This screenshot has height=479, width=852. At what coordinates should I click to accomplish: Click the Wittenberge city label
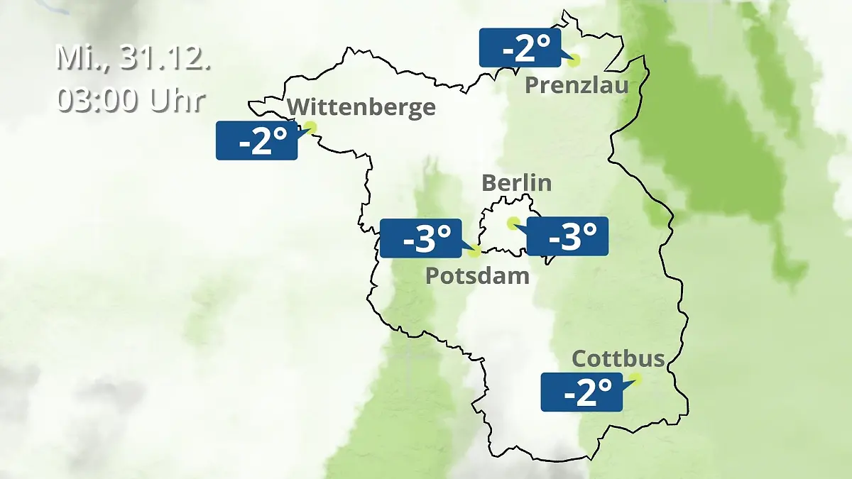361,107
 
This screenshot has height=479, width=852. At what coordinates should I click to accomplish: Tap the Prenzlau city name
577,86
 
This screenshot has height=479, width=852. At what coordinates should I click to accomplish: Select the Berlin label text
516,183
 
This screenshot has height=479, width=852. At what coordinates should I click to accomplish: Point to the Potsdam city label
477,275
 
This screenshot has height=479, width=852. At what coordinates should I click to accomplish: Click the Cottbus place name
618,358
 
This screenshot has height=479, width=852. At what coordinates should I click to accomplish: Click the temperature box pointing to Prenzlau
520,48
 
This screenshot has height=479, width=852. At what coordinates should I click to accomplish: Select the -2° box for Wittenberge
256,141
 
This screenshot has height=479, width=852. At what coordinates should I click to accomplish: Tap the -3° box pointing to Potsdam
421,238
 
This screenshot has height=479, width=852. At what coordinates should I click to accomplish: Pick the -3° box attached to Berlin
567,236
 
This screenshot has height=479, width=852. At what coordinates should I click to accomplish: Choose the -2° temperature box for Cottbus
581,392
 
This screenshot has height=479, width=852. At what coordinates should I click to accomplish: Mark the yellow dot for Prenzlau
573,60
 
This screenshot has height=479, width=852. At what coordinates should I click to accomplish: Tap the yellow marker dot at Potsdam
475,250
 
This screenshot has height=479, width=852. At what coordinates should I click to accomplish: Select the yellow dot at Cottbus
635,379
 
